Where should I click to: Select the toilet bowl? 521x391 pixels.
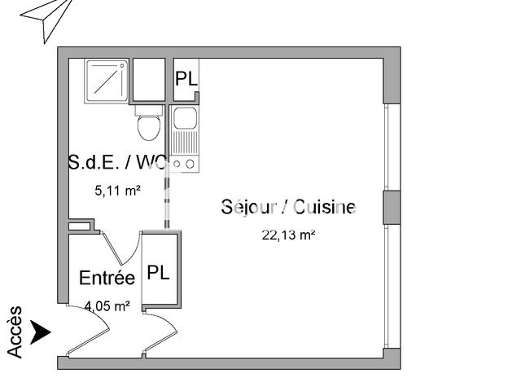click(149, 125)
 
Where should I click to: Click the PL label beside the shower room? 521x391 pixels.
click(186, 80)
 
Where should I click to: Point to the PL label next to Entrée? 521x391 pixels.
click(158, 273)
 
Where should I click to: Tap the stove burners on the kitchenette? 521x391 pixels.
click(184, 163)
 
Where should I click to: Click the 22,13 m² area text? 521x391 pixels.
click(288, 235)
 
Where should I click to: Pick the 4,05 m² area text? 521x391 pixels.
click(108, 306)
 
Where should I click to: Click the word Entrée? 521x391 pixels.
click(107, 279)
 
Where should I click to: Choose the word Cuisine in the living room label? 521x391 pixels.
click(326, 207)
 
